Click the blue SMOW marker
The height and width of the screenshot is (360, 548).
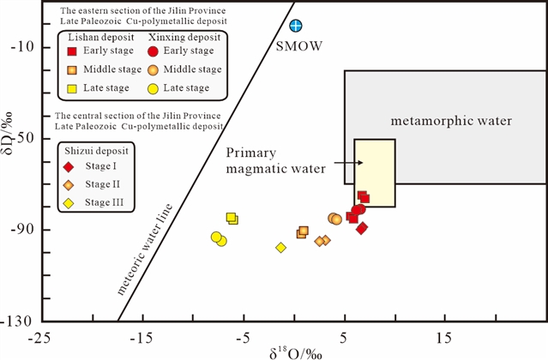coord(296,26)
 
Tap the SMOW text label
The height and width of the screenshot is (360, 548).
coord(299,46)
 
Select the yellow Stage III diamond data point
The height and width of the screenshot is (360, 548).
coord(280,248)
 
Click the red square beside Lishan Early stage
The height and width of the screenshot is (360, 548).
coord(72,51)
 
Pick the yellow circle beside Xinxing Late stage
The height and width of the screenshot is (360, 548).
coord(153,88)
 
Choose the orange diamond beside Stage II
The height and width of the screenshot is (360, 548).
coord(69,185)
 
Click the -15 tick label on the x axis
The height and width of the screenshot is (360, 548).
coord(142,339)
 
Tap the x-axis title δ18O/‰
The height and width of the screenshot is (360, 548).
coord(296,353)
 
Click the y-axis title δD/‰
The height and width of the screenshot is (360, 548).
coord(7,134)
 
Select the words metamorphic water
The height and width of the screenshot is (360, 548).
coord(451,121)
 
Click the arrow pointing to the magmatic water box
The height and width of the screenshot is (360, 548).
coord(348,163)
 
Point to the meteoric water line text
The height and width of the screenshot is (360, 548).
coord(145,249)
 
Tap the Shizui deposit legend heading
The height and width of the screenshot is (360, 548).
coord(96,151)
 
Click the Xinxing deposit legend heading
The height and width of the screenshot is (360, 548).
coord(185,37)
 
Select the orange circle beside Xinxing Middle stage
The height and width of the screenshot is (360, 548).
coord(153,69)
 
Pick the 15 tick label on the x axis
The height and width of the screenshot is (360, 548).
coord(444,339)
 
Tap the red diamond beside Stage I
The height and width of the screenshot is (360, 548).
coord(69,167)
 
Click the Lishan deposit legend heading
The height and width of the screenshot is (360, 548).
coord(101,37)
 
